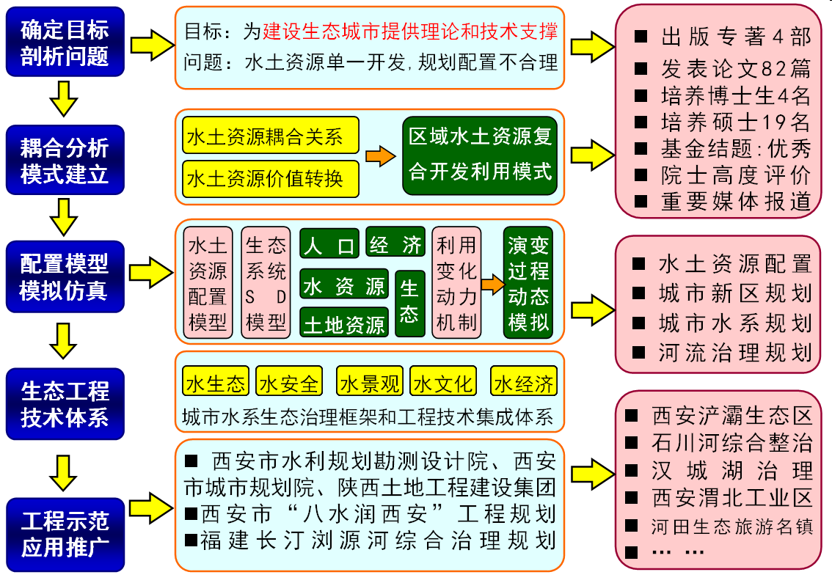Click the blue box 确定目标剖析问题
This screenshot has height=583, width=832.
tap(65, 43)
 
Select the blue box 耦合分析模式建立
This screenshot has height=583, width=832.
tap(65, 161)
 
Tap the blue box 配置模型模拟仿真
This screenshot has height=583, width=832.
tap(65, 277)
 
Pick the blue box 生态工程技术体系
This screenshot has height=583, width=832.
tap(65, 403)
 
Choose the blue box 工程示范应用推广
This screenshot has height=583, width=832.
tap(65, 534)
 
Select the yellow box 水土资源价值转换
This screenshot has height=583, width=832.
tap(270, 178)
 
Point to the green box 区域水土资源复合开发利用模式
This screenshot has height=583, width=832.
tap(481, 156)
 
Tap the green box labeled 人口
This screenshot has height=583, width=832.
tap(329, 245)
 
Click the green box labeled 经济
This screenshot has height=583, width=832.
tap(395, 243)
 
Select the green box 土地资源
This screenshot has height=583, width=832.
tap(344, 323)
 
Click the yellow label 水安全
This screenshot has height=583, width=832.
tap(289, 382)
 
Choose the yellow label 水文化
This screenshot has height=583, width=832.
tap(442, 382)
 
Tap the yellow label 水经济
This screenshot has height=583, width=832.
tap(524, 382)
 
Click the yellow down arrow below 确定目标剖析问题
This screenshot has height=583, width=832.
tap(65, 98)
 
